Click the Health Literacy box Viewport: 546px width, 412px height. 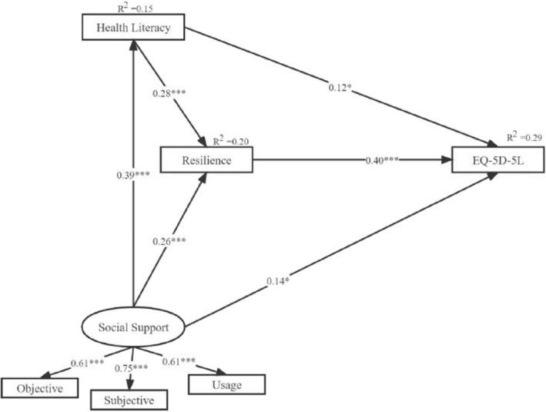(x=136, y=29)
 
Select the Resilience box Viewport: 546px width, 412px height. (x=206, y=160)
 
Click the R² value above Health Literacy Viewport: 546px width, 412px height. (x=136, y=7)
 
